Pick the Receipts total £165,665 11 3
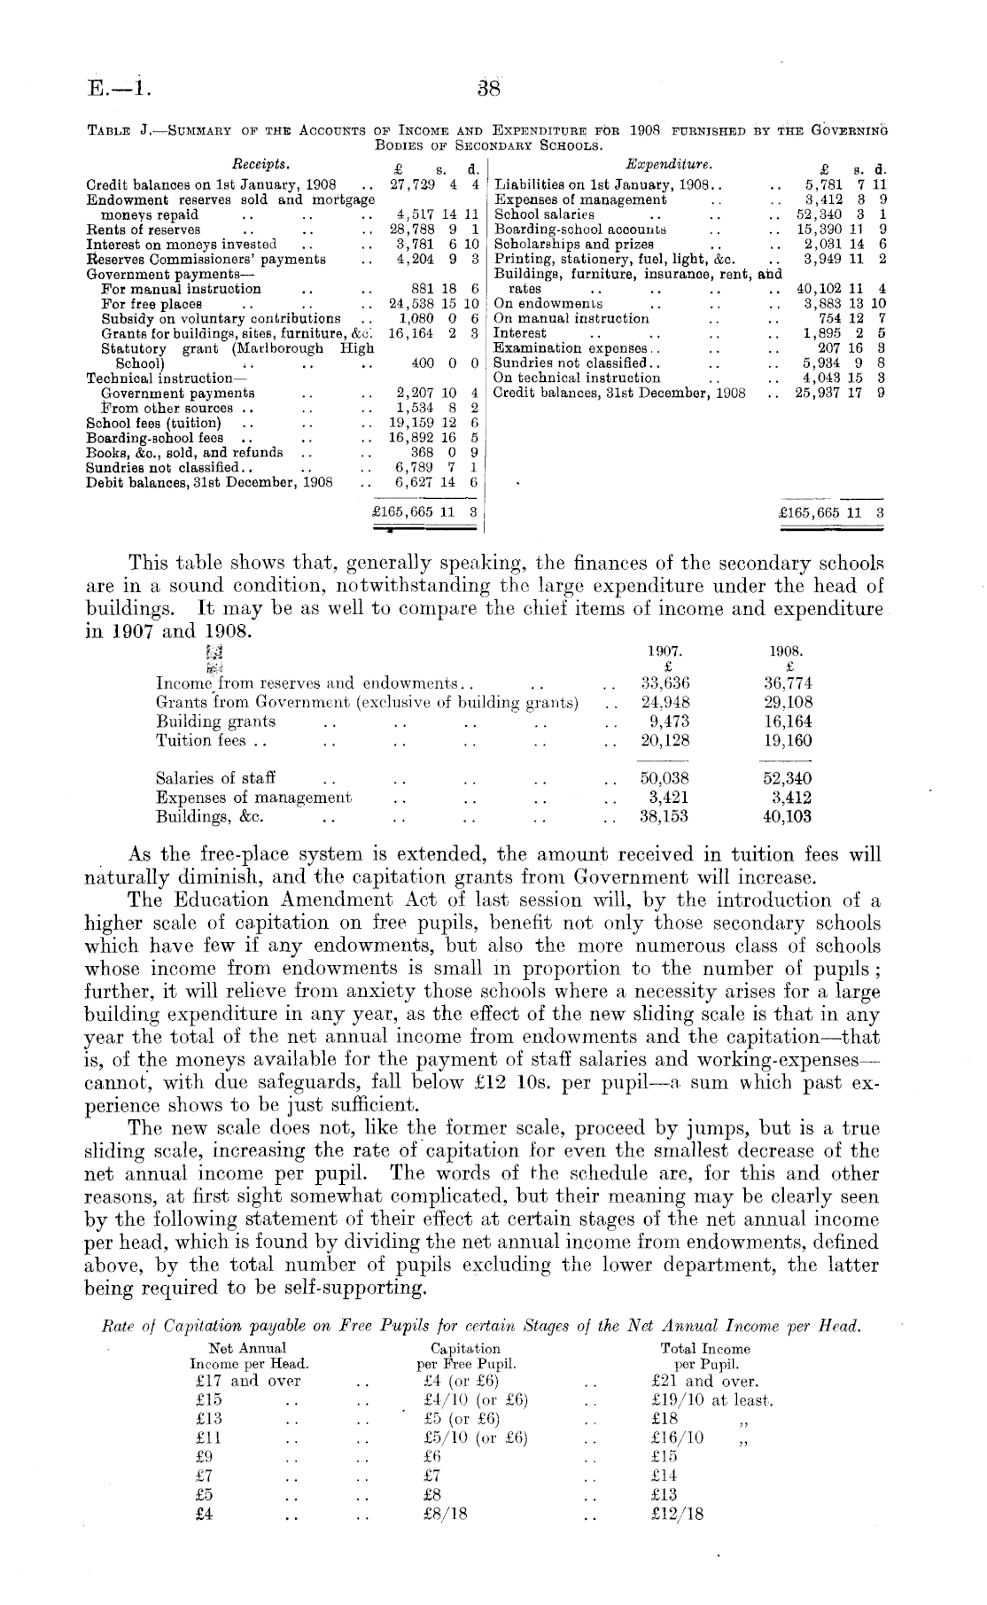(x=425, y=513)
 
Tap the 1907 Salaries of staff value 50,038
(x=664, y=778)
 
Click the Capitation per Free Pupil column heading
(x=466, y=1356)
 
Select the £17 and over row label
(x=246, y=1382)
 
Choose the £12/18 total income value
(x=677, y=1515)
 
